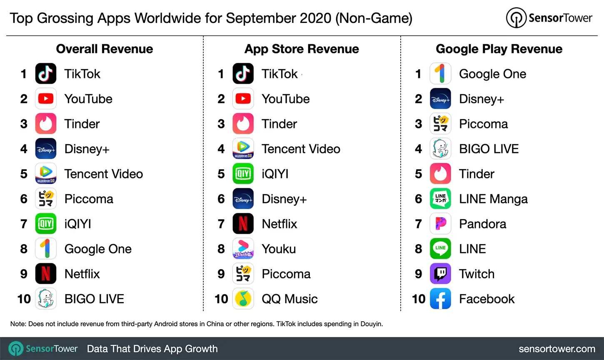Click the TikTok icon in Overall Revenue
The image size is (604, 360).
[x=46, y=74]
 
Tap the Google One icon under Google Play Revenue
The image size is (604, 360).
[x=440, y=74]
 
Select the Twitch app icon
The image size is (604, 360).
[x=440, y=274]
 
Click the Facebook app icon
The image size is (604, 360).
[x=440, y=299]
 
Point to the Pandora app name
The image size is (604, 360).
[x=482, y=224]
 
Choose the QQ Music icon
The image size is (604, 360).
[x=243, y=299]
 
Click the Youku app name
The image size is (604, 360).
[x=279, y=249]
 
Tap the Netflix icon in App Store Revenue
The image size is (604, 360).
[x=243, y=224]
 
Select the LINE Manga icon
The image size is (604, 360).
[x=440, y=199]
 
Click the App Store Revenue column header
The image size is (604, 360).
[x=302, y=49]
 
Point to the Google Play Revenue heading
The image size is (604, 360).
[x=499, y=49]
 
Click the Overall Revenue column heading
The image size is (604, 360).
[x=105, y=49]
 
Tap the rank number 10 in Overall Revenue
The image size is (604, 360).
[x=24, y=299]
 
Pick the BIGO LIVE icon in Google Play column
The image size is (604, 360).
[x=440, y=149]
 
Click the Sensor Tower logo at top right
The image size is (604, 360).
[x=549, y=18]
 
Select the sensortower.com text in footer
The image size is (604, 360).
[x=557, y=349]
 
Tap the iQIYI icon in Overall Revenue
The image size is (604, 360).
[x=46, y=224]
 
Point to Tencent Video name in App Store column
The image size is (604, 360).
[x=301, y=149]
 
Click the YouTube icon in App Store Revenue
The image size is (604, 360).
[x=243, y=99]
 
